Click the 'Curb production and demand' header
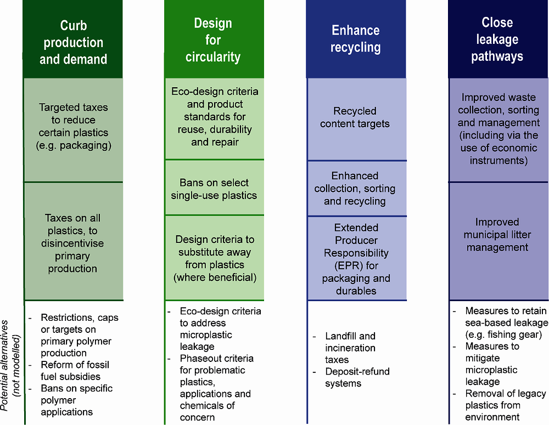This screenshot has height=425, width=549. click(x=73, y=43)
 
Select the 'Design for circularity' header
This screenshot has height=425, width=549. click(x=213, y=40)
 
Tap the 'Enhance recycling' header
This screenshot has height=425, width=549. click(x=355, y=38)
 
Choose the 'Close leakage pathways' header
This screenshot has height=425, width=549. click(x=497, y=39)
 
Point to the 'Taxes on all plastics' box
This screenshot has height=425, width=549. click(x=73, y=243)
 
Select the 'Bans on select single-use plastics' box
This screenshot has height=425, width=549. click(x=214, y=189)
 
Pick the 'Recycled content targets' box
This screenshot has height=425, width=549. click(x=355, y=117)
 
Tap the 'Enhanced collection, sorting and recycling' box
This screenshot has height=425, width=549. click(x=355, y=188)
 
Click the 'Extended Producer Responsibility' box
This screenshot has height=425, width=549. click(x=355, y=259)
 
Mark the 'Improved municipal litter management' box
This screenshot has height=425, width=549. click(x=497, y=235)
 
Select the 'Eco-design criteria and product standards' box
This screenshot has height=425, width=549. click(x=214, y=117)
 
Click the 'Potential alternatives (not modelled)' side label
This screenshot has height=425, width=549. click(x=10, y=362)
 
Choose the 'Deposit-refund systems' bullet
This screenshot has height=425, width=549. click(x=357, y=377)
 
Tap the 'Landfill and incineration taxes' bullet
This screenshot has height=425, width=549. click(x=350, y=348)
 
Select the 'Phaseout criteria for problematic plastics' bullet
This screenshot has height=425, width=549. click(x=216, y=382)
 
